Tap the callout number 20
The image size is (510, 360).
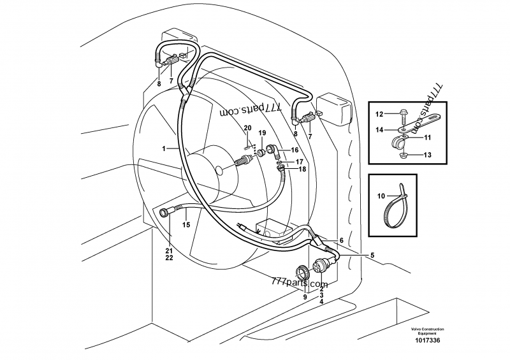click(248, 128)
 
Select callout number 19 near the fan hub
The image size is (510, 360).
click(262, 133)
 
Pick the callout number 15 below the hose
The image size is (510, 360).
click(186, 224)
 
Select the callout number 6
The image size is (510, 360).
click(342, 240)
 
